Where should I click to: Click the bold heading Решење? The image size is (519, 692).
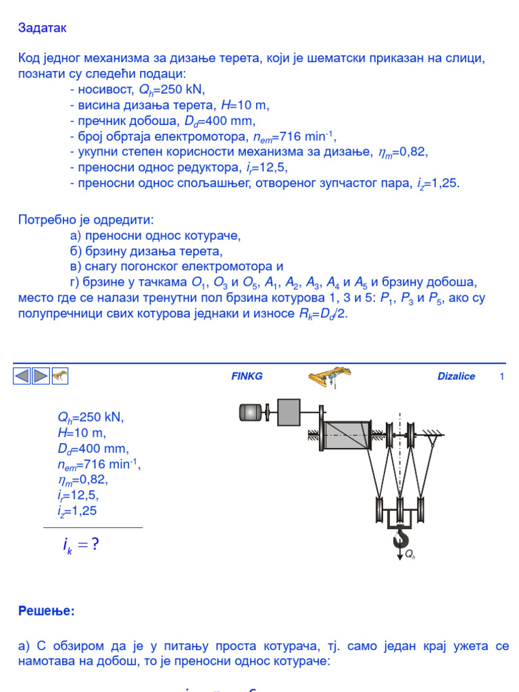click(47, 611)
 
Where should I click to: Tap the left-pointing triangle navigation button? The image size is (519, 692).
click(22, 376)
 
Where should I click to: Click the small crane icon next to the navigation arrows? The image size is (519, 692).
click(61, 376)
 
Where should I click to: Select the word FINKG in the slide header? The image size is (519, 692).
click(247, 376)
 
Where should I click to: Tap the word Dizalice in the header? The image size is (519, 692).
click(456, 376)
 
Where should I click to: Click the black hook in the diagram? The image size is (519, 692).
click(401, 539)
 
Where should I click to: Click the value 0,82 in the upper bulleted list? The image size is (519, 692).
click(412, 152)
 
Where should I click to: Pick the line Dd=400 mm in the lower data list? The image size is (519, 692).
click(93, 449)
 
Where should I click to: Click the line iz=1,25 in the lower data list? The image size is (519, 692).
click(77, 511)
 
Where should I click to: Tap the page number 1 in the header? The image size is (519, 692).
click(501, 376)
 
